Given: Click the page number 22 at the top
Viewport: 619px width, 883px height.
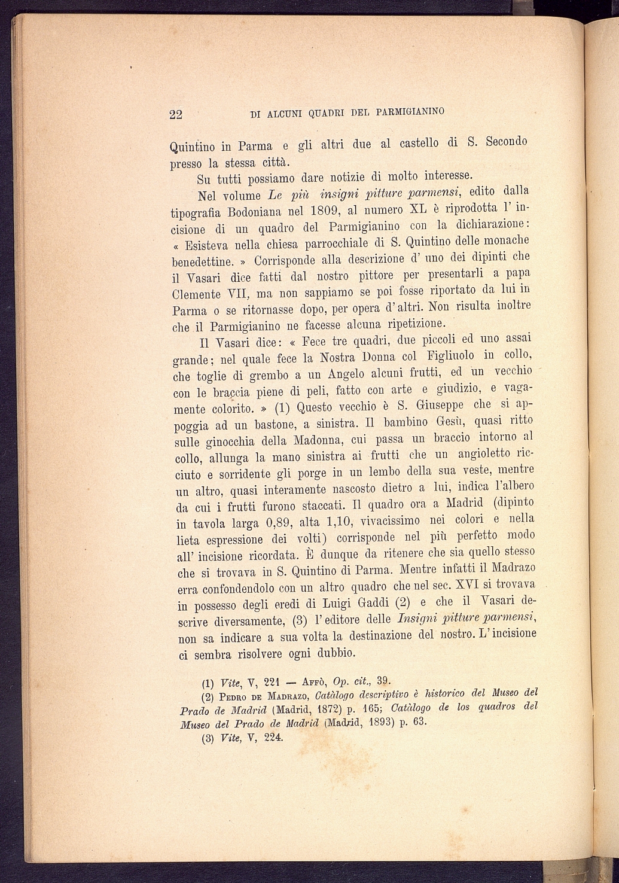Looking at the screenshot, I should click(175, 115).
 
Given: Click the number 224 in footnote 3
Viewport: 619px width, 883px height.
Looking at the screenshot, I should click(271, 737).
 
